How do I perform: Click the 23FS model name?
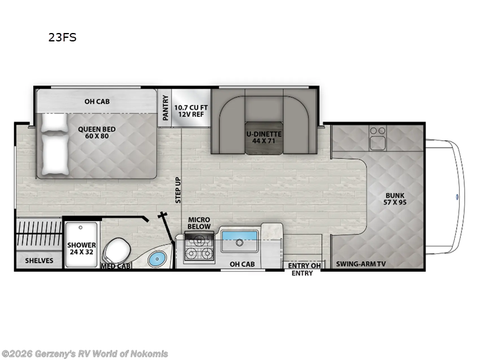coord(62,37)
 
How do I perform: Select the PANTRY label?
coord(164,107)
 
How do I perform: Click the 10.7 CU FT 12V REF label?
coord(190,111)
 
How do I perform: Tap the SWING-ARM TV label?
coord(361,263)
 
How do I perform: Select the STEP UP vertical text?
coord(178,190)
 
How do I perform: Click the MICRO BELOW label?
coord(199,223)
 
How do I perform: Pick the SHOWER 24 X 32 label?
coord(82,248)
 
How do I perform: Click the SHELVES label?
coord(39,260)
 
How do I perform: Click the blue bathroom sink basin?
coord(156,259)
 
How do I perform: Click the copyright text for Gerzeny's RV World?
coord(85,353)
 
